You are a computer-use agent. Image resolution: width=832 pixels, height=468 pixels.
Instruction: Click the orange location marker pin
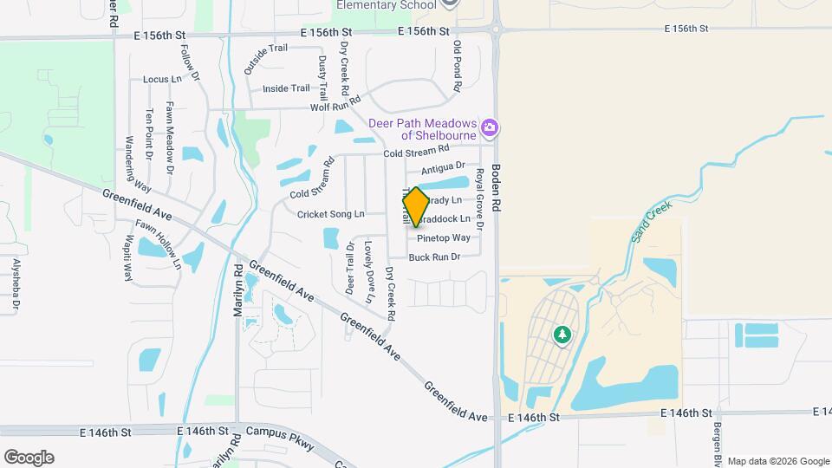pyautogui.click(x=416, y=206)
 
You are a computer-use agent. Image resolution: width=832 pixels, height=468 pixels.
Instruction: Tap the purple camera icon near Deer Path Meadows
pyautogui.click(x=491, y=129)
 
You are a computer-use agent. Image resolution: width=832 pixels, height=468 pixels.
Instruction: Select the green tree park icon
pyautogui.click(x=562, y=334)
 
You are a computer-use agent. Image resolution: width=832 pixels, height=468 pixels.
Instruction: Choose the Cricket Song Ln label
pyautogui.click(x=330, y=214)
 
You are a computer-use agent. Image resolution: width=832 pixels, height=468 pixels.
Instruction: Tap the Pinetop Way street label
pyautogui.click(x=444, y=237)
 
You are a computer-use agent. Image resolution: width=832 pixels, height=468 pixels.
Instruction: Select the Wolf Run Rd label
pyautogui.click(x=335, y=107)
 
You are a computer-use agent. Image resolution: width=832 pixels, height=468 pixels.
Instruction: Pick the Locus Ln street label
pyautogui.click(x=162, y=79)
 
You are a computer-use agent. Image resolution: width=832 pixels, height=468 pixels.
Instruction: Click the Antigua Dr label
pyautogui.click(x=443, y=166)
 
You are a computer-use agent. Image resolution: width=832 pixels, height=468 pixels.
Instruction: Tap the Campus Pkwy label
pyautogui.click(x=278, y=431)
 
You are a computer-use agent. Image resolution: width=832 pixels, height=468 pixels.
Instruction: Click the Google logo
pyautogui.click(x=29, y=458)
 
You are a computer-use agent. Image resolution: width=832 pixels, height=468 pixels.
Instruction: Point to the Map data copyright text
pyautogui.click(x=777, y=461)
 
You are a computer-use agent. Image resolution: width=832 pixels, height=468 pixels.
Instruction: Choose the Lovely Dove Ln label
pyautogui.click(x=369, y=272)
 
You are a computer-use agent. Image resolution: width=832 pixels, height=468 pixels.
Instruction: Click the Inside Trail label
pyautogui.click(x=286, y=88)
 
